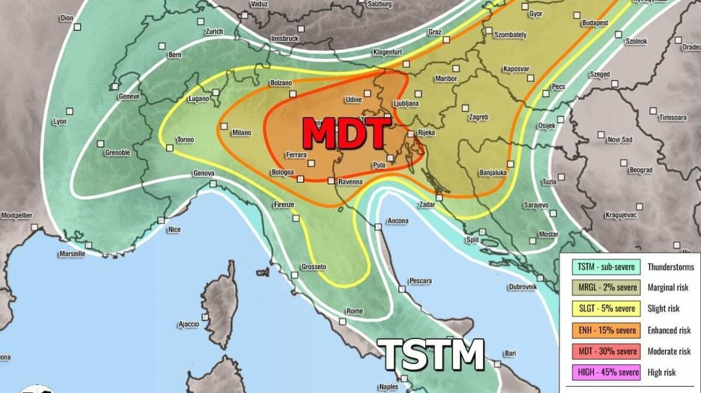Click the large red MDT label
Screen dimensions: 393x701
(x=346, y=134)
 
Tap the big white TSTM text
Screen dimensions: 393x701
(x=433, y=354)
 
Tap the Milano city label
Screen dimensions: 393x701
(x=241, y=133)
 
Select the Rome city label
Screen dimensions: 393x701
(x=355, y=311)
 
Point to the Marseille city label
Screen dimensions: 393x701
(x=72, y=254)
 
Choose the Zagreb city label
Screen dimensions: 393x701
(x=478, y=117)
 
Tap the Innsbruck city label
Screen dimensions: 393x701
(x=284, y=39)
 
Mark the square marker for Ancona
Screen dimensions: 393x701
(x=379, y=227)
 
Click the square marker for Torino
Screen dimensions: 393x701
(x=170, y=148)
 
